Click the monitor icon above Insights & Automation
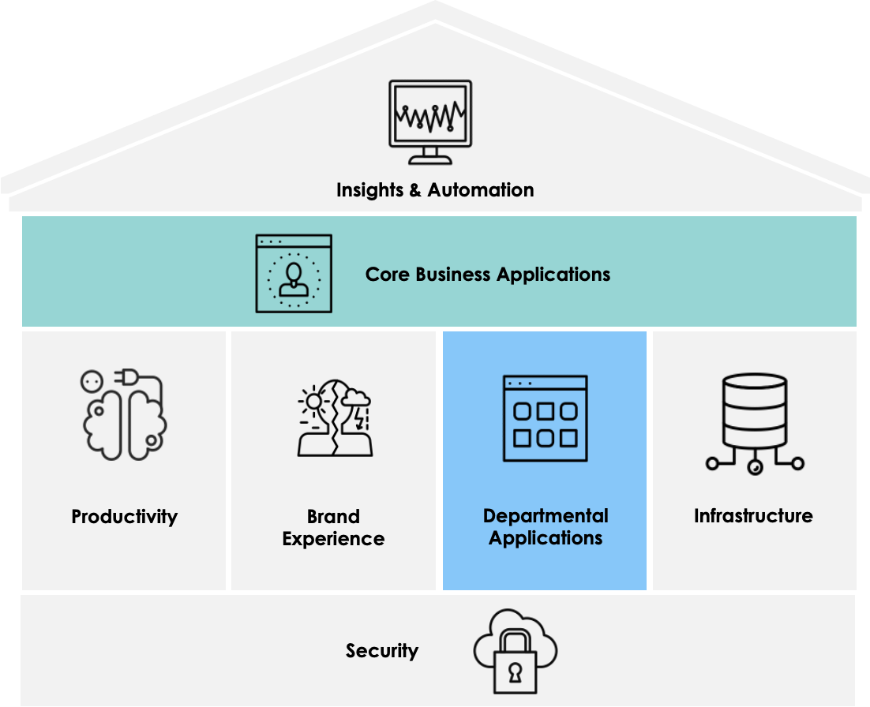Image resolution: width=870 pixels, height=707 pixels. click(x=430, y=120)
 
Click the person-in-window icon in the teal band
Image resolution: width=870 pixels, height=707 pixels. click(x=294, y=273)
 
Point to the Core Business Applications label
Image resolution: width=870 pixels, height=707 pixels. click(x=487, y=275)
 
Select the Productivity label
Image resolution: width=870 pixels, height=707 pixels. click(x=125, y=517)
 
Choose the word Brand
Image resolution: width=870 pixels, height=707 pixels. click(x=333, y=517)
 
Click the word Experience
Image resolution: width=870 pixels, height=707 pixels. click(x=333, y=539)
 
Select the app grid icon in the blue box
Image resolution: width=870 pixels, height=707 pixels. click(x=545, y=418)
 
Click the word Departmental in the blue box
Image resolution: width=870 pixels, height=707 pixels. click(x=546, y=516)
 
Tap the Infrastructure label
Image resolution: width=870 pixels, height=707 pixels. click(x=753, y=516)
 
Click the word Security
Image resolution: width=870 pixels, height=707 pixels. click(x=382, y=651)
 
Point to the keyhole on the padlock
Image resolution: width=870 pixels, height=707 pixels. click(x=515, y=672)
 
